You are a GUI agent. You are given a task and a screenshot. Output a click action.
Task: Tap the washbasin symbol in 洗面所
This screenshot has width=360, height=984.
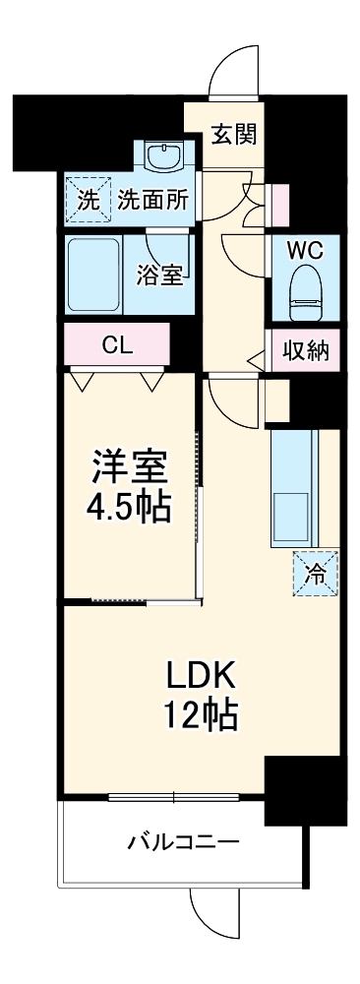(x=157, y=154)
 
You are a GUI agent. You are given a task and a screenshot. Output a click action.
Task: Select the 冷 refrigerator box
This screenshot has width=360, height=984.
(x=316, y=575)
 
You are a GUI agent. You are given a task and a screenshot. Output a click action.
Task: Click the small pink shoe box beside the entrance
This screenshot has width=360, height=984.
(x=281, y=203)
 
